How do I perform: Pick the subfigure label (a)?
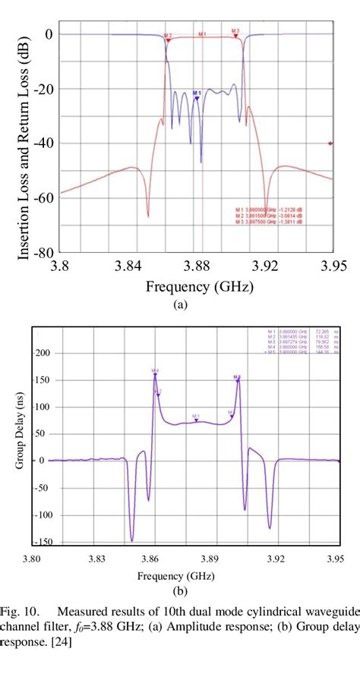(x=180, y=302)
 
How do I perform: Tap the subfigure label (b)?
(x=180, y=590)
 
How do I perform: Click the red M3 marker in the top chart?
(x=236, y=32)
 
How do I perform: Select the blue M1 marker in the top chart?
(x=197, y=96)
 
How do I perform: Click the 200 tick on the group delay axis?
(x=50, y=354)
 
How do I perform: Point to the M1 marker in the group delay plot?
(x=196, y=417)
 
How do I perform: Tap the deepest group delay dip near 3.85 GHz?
(x=132, y=540)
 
